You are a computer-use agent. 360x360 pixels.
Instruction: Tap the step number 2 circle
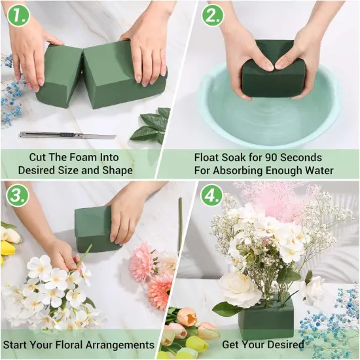pyautogui.click(x=212, y=16)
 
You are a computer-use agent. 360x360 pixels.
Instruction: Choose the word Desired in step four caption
pyautogui.click(x=283, y=344)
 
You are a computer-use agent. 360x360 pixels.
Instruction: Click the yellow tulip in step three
pyautogui.click(x=8, y=247)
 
